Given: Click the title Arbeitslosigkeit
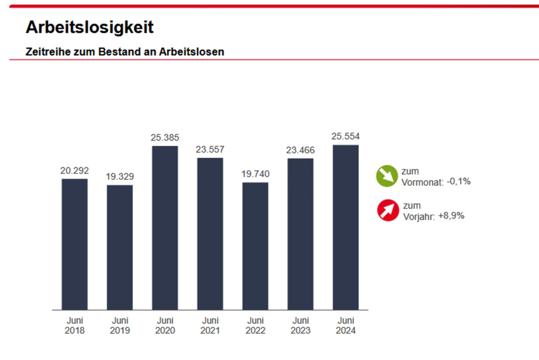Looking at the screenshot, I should [89, 28].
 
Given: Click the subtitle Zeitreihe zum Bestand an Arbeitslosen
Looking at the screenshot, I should [124, 52].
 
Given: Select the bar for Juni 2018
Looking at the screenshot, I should [75, 244].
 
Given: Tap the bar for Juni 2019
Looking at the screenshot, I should [120, 247].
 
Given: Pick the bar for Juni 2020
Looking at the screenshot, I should [165, 228].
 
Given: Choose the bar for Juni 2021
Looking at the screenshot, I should [210, 234].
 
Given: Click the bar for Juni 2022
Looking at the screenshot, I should [255, 246].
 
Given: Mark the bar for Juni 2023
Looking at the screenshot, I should [300, 234].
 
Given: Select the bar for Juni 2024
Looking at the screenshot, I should [346, 227].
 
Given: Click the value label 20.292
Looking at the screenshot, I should [75, 171].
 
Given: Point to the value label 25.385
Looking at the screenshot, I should [165, 137].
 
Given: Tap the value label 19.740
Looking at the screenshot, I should [255, 174].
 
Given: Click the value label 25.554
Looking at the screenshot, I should [346, 136].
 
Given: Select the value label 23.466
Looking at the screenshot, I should [300, 150].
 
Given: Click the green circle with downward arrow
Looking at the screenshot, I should [387, 176].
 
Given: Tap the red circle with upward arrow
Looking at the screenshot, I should [388, 210].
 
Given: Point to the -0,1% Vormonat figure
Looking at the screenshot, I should [458, 182].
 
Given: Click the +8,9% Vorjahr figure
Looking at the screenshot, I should [451, 216].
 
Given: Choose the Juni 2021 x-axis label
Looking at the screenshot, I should [210, 325].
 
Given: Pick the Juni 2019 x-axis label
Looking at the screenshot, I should [120, 325].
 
